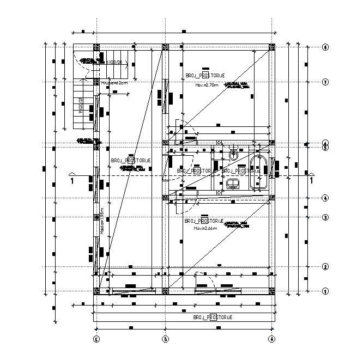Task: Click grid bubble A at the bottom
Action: [271, 338]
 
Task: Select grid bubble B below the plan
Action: [165, 338]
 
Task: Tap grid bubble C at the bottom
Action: [95, 338]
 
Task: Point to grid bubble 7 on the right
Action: [325, 82]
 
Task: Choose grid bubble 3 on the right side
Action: [325, 217]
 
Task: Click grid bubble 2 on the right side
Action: [325, 266]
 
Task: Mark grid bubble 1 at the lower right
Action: [325, 291]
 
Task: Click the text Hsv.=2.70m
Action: [207, 85]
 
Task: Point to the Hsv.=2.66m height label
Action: [205, 229]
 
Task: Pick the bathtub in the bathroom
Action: [257, 172]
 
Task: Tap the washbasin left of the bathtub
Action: [233, 184]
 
